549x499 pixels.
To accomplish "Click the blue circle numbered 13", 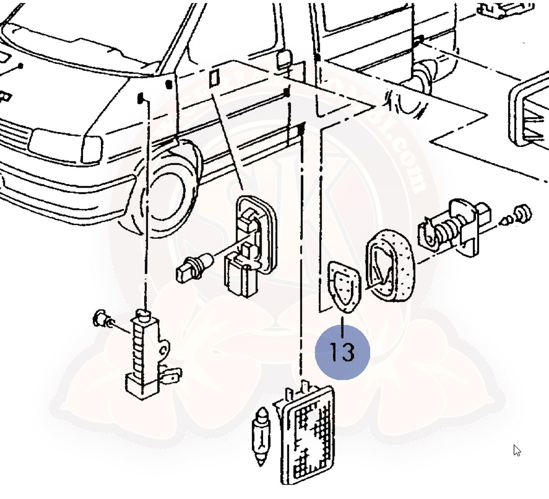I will pos(342,352).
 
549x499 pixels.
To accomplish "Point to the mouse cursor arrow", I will pos(517,450).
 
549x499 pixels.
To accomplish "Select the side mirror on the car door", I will pos(283,59).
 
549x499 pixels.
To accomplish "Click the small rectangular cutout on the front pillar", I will pos(214,77).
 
